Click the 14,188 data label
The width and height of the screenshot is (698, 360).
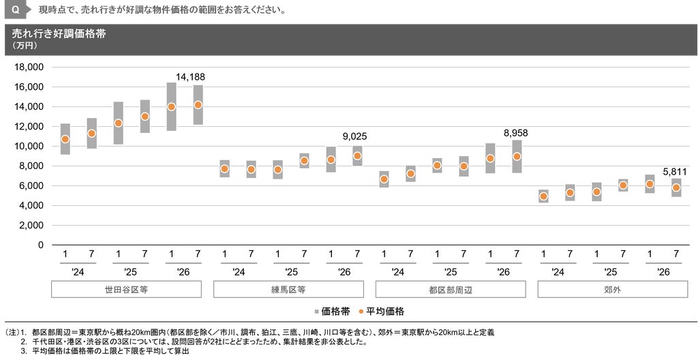click(x=190, y=77)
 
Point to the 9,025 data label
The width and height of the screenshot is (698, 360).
click(x=354, y=137)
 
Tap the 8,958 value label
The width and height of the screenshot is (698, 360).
click(x=515, y=133)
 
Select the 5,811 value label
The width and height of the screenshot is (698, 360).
click(x=675, y=172)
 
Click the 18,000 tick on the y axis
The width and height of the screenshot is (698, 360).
click(x=29, y=67)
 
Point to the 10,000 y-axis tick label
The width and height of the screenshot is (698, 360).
click(x=29, y=146)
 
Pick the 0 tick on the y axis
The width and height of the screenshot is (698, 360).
click(x=41, y=245)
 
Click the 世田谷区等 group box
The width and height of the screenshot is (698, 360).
click(x=126, y=289)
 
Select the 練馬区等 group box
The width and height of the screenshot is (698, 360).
click(x=288, y=289)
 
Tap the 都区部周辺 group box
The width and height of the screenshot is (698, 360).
click(x=451, y=289)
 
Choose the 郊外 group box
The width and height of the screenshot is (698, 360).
click(x=613, y=289)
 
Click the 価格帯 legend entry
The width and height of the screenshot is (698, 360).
click(x=332, y=312)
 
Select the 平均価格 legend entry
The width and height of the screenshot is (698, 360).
click(x=381, y=312)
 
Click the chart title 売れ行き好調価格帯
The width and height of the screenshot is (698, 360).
click(x=59, y=33)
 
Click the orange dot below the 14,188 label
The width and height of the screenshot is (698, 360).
click(x=198, y=105)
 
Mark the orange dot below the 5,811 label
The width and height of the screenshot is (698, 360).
click(x=676, y=187)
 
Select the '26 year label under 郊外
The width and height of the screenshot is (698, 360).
click(x=663, y=272)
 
